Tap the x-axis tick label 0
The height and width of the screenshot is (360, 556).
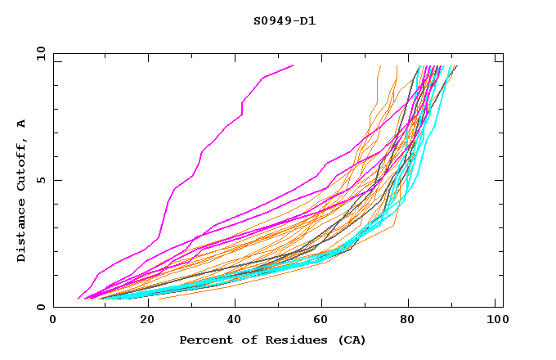click(53, 321)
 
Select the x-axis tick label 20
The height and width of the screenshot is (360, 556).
click(142, 321)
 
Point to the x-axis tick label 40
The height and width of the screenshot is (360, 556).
click(231, 321)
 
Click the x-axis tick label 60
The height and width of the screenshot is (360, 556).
click(321, 321)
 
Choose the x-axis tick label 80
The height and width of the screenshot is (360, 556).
click(410, 321)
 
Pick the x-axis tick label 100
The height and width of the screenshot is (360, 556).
click(495, 321)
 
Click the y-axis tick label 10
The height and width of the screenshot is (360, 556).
click(40, 53)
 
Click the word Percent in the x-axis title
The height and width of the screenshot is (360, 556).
click(204, 340)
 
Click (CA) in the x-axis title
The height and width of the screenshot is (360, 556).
click(351, 340)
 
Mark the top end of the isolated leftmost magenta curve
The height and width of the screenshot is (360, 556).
click(293, 65)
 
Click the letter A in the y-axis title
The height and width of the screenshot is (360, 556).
click(22, 123)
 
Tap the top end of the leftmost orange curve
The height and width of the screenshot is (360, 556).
click(380, 66)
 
